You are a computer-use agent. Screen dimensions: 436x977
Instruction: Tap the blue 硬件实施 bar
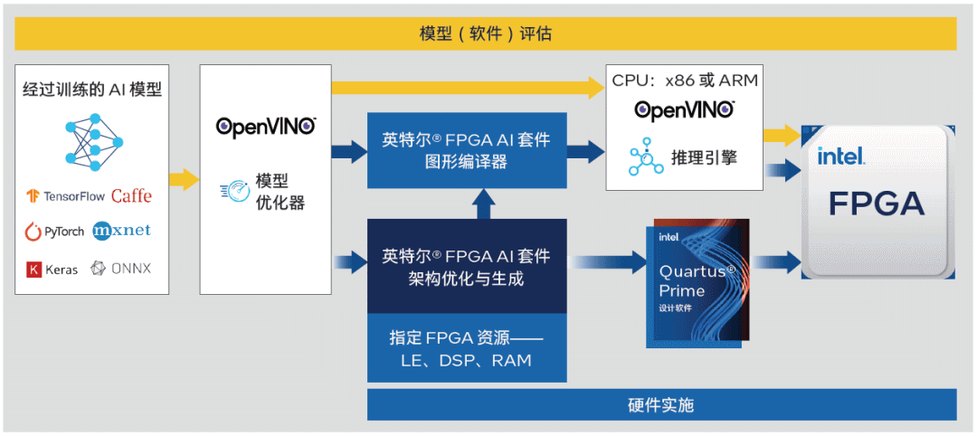[660, 404]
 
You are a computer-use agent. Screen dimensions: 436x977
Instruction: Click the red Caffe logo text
[131, 196]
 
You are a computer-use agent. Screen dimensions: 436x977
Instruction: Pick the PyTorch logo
[54, 232]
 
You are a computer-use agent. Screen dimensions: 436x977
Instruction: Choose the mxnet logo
[121, 231]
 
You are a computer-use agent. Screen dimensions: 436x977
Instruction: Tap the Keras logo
[52, 269]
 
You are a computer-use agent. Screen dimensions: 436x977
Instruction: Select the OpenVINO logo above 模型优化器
[266, 126]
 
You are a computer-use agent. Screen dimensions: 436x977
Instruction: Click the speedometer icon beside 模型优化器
[232, 191]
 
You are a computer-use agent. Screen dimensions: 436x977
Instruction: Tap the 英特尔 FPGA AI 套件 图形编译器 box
[466, 150]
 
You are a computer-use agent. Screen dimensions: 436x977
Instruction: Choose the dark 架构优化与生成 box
[466, 267]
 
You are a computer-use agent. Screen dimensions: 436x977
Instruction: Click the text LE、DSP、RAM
[466, 360]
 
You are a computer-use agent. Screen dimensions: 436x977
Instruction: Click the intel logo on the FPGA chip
[840, 156]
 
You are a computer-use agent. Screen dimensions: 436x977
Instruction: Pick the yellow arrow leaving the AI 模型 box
[184, 178]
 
